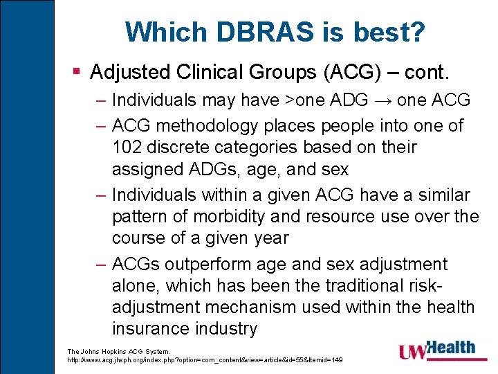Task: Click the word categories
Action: click(268, 147)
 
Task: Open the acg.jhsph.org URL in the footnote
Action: click(205, 360)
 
